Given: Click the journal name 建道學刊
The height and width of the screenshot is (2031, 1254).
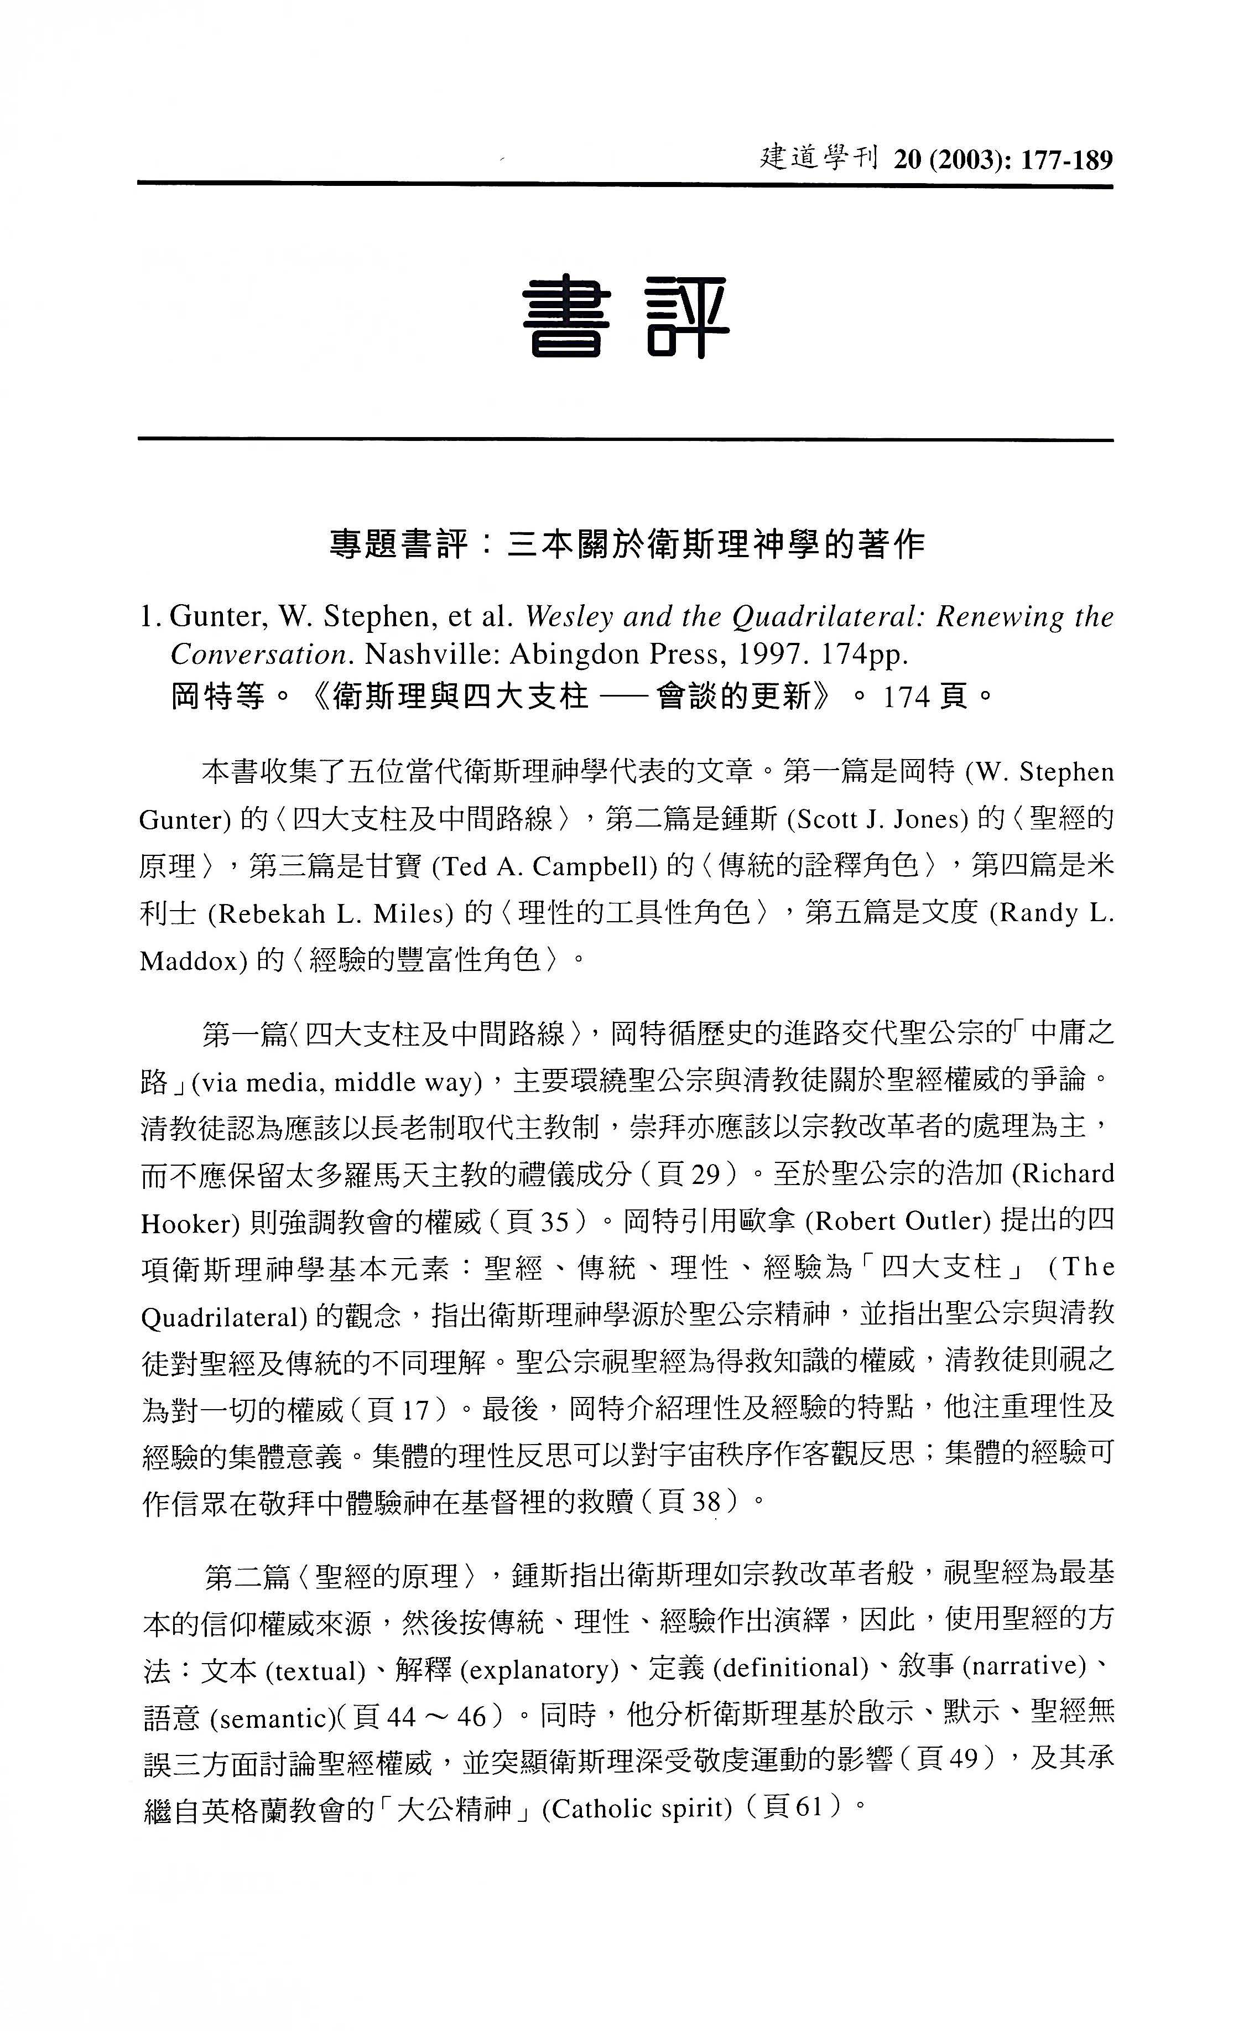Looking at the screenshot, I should tap(818, 158).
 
